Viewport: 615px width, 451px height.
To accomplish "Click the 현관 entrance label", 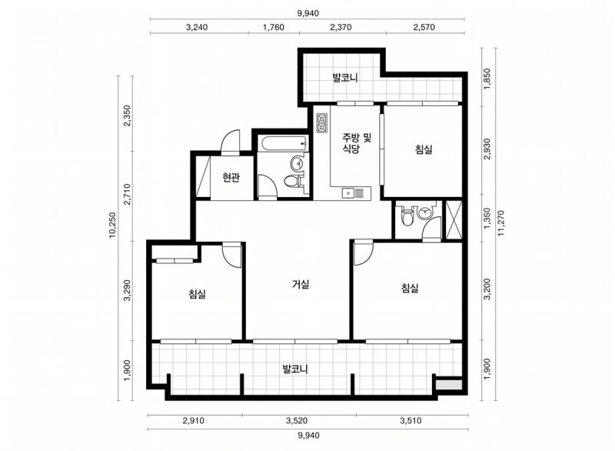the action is coord(231,178).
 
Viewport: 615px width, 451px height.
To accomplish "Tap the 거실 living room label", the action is coord(301,284).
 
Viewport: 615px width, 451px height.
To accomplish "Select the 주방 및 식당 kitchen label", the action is coord(357,143).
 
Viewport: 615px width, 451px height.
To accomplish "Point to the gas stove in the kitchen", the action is coord(322,122).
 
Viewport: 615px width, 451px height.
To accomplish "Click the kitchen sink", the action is coord(356,193).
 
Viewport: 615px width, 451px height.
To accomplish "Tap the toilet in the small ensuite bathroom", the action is coord(407,216).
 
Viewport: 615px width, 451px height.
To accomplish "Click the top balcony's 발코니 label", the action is coord(345,77).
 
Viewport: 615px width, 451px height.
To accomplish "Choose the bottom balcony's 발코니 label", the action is coord(295,369).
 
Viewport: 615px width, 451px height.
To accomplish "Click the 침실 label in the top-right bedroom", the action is coord(424,149).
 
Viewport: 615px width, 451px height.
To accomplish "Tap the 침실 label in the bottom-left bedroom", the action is coord(197,294).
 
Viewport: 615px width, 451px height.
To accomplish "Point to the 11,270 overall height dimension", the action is coord(501,224).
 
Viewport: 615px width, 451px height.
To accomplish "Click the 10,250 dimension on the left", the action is coord(112,225).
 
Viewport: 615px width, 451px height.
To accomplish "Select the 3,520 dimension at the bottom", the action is coord(297,421).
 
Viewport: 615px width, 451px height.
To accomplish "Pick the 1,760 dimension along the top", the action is coord(274,27).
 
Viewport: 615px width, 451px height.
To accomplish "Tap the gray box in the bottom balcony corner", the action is coord(449,384).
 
